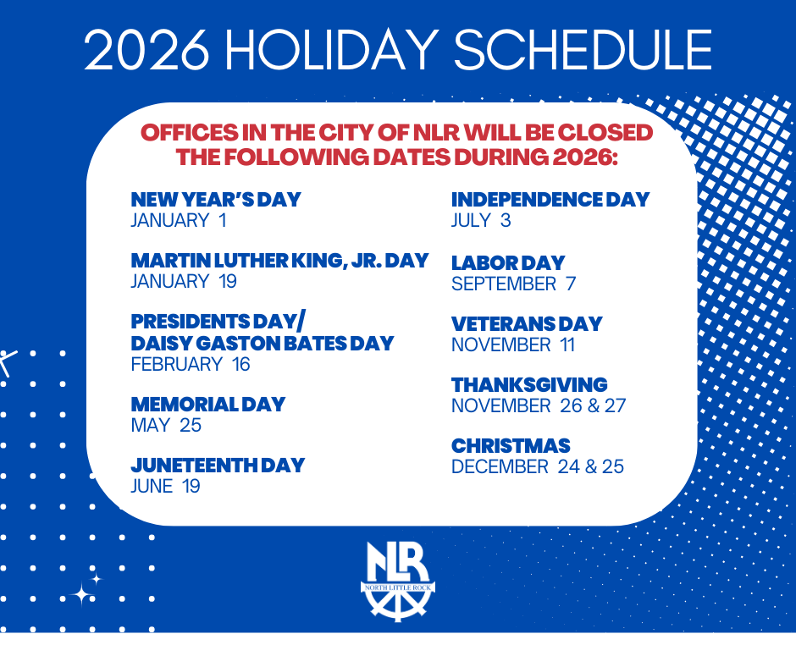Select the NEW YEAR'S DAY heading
point(216,200)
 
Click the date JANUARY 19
point(184,282)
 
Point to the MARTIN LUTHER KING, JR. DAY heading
point(279,261)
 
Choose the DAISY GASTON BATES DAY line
point(263,343)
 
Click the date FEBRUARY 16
point(191,365)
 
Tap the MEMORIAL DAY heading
point(208,404)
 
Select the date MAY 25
point(166,425)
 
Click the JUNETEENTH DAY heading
point(218,465)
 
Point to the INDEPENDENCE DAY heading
point(550,200)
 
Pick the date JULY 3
point(481,221)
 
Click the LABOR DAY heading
point(508,262)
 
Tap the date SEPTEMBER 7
point(513,284)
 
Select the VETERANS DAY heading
point(527,323)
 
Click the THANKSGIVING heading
point(529,385)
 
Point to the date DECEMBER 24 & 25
point(538,466)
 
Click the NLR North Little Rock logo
point(398,581)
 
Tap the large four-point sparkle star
point(82,594)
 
